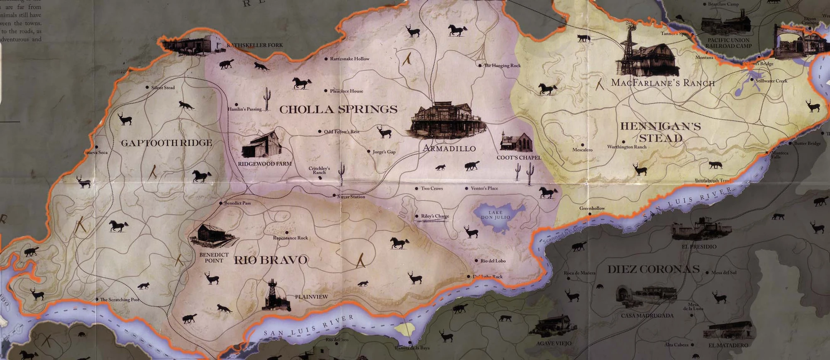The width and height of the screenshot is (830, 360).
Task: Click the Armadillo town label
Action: (449, 148)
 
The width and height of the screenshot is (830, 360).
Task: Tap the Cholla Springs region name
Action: (338, 110)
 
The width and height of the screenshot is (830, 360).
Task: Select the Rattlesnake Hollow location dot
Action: (326, 59)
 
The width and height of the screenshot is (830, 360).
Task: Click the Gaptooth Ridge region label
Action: (166, 143)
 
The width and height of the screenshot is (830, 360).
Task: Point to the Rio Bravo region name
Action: (271, 260)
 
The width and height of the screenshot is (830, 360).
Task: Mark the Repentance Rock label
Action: (290, 238)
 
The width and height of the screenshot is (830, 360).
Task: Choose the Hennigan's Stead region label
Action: (661, 132)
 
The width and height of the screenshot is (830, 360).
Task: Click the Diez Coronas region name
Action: (654, 269)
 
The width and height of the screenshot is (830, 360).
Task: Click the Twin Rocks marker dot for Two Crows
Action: (417, 189)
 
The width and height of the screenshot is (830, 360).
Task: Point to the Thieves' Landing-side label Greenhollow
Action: (592, 208)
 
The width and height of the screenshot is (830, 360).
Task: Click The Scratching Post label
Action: (120, 299)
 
